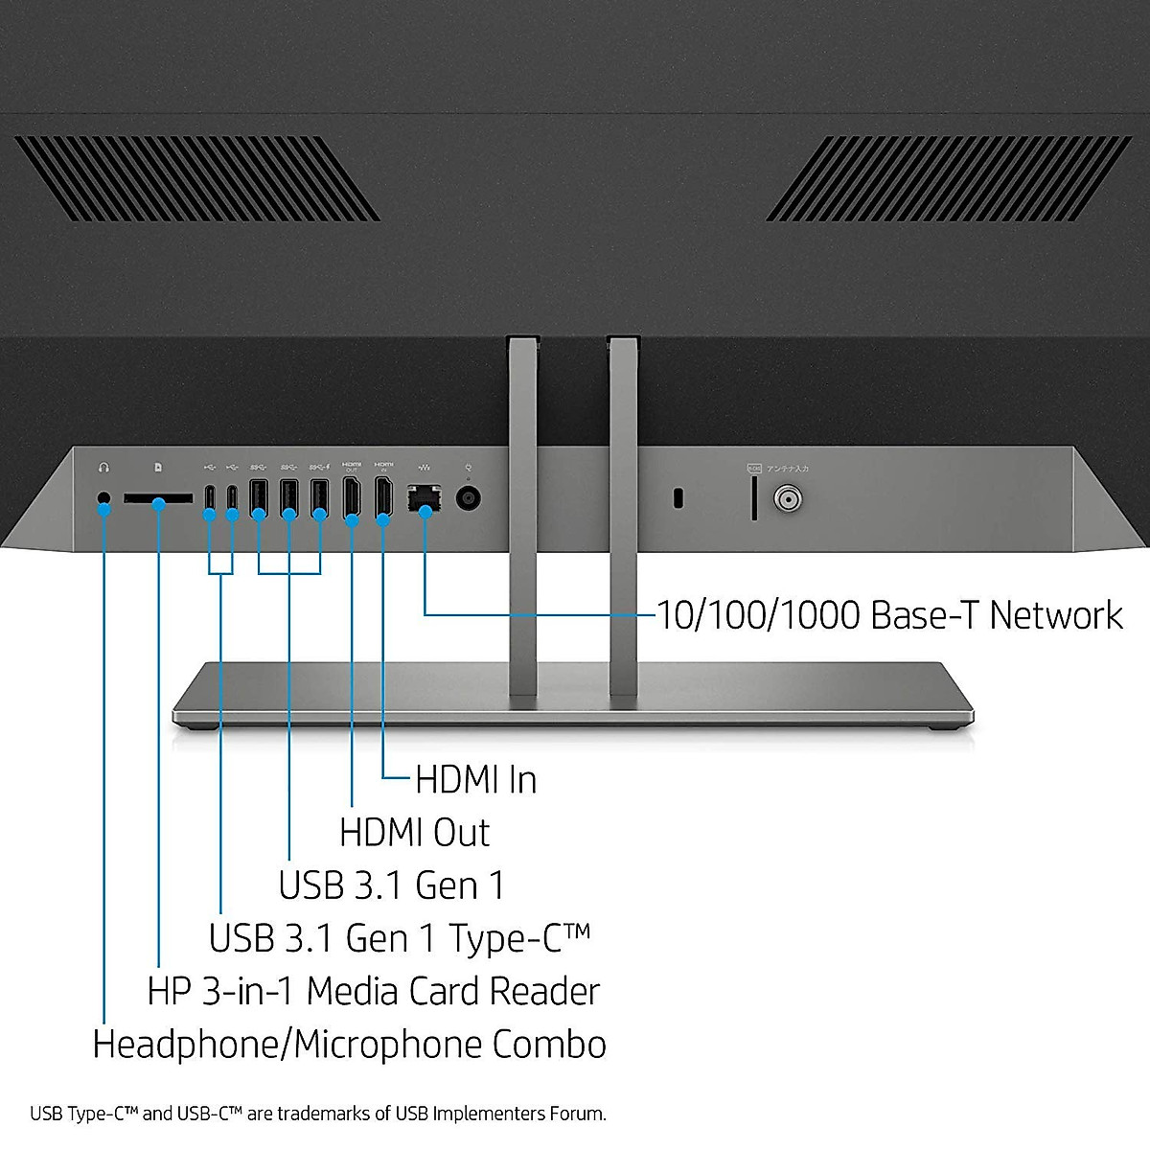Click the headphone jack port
(104, 498)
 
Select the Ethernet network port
(425, 498)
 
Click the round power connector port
(468, 498)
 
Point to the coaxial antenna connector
(788, 499)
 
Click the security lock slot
(678, 498)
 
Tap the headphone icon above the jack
(103, 468)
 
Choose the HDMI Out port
(352, 497)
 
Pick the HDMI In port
(382, 497)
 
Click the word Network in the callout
(1055, 615)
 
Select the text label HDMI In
(475, 780)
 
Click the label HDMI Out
(414, 833)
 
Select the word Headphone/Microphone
(287, 1045)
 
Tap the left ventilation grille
(196, 178)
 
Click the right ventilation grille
(949, 178)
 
